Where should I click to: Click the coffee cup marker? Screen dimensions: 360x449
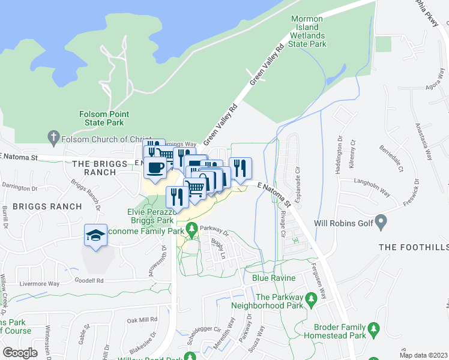[155, 167]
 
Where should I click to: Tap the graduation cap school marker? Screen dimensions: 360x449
[96, 236]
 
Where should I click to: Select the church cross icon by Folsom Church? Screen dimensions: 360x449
[53, 137]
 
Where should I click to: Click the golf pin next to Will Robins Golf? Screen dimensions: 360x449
[381, 223]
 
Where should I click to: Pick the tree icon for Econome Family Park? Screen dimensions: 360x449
[191, 228]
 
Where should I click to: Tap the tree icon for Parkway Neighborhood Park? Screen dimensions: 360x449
[311, 298]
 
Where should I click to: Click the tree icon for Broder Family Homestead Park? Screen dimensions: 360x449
[373, 329]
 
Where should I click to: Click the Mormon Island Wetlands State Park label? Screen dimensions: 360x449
[308, 32]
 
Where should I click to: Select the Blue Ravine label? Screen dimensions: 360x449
[274, 278]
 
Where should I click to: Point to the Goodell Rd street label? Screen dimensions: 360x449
[89, 280]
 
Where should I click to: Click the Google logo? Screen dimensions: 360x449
[20, 353]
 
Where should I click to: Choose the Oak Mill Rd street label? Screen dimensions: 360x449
[142, 320]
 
